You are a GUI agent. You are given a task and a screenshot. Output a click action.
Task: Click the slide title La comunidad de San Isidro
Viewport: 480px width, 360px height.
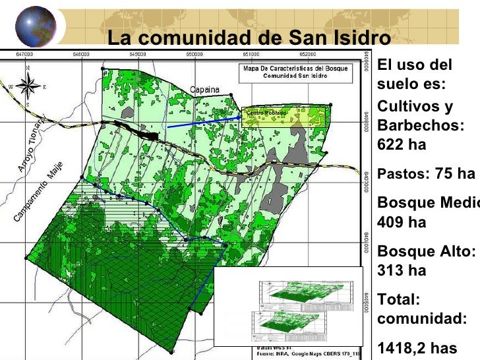tap(249, 38)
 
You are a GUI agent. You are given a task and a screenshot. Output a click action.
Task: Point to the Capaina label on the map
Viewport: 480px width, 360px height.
tap(205, 90)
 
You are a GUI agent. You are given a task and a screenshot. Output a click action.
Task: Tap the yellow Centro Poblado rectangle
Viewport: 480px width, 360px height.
tap(285, 116)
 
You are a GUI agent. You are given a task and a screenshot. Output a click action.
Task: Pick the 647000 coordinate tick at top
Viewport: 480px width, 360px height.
tap(25, 55)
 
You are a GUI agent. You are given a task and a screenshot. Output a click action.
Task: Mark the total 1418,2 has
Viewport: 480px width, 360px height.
tap(416, 347)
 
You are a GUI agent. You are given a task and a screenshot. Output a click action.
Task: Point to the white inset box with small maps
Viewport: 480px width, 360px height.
tap(289, 306)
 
